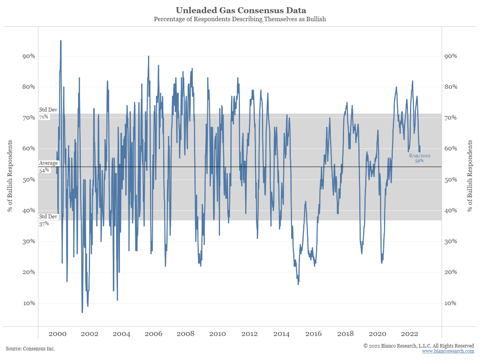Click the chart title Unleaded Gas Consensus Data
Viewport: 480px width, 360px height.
click(x=240, y=10)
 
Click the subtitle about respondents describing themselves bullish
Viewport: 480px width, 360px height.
click(x=240, y=19)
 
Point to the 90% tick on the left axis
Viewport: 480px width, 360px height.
click(x=29, y=56)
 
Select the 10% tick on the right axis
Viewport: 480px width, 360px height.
click(x=451, y=303)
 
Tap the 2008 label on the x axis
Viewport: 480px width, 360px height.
click(x=185, y=334)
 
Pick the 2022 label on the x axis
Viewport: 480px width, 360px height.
click(x=410, y=334)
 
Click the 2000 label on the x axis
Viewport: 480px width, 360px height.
click(x=57, y=334)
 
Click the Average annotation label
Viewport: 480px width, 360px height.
click(x=48, y=163)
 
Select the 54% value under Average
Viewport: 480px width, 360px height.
click(x=44, y=170)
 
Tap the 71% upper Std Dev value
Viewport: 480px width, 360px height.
click(x=44, y=117)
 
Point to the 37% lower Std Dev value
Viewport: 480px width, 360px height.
click(x=44, y=224)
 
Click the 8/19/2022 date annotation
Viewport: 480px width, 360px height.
click(x=420, y=156)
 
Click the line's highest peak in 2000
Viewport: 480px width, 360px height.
click(x=61, y=41)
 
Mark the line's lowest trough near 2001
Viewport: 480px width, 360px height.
click(x=82, y=312)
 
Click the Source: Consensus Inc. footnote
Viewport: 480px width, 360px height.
click(x=30, y=349)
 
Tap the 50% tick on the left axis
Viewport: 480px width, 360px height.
click(x=29, y=180)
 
